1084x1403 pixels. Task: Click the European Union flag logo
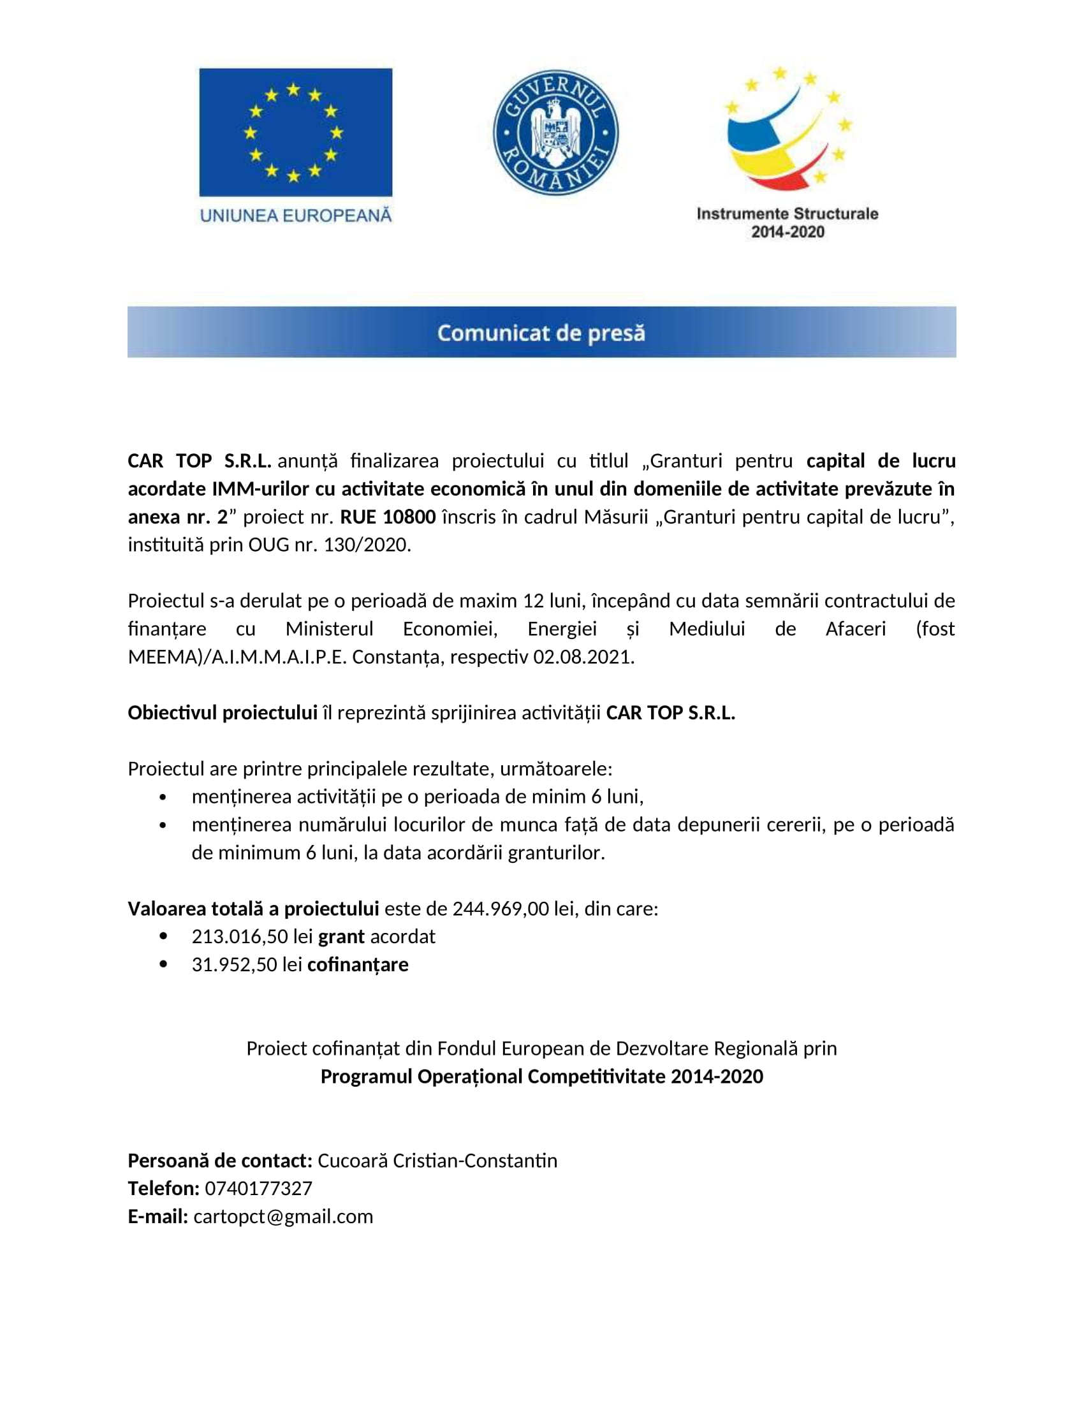(x=295, y=132)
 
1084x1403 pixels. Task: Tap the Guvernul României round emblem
(x=555, y=133)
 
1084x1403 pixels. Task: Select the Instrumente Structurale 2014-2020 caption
(x=787, y=223)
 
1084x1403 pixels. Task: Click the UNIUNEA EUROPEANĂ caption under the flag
(x=295, y=216)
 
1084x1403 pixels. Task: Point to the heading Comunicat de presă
(x=541, y=333)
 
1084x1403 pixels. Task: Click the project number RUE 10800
(x=388, y=517)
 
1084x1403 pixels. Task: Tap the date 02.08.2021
(x=583, y=656)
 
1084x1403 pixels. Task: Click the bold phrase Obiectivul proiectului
(x=222, y=712)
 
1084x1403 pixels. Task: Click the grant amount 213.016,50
(x=240, y=937)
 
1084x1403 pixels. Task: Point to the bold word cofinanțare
(x=358, y=964)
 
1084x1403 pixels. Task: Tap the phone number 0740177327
(x=258, y=1189)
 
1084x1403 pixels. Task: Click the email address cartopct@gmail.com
(x=283, y=1216)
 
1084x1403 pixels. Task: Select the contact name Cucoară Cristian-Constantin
(x=437, y=1160)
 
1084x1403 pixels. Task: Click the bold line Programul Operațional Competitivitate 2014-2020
(x=541, y=1076)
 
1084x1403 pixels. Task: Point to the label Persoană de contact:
(x=219, y=1160)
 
